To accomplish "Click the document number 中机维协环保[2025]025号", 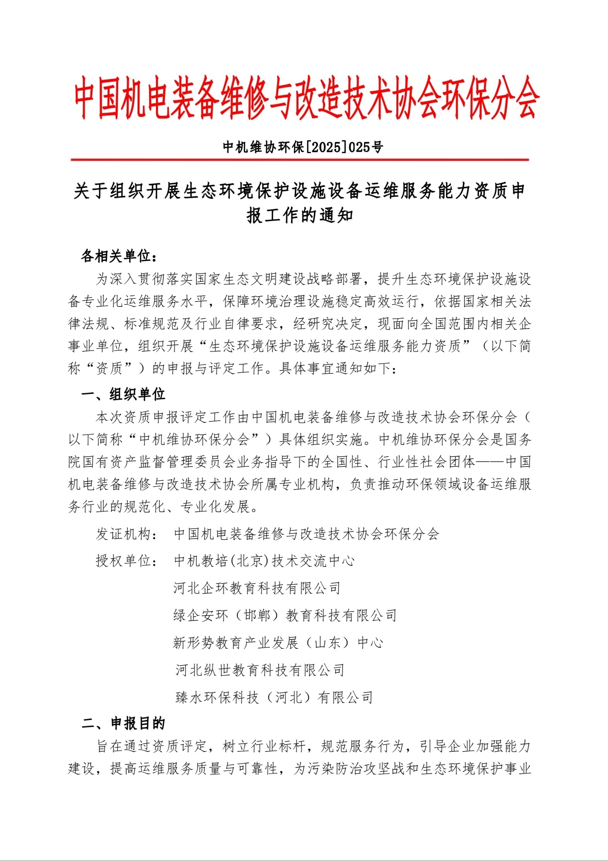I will click(303, 147).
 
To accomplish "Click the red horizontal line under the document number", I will click(300, 160).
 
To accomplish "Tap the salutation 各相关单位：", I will click(119, 257).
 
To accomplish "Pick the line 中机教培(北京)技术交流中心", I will click(264, 561).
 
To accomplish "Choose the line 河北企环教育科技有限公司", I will click(257, 589).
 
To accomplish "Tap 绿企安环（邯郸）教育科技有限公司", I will click(285, 616).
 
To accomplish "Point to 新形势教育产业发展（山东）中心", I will click(278, 643).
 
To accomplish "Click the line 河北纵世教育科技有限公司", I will click(260, 671).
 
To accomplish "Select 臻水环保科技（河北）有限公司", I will click(274, 698).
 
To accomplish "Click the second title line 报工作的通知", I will click(300, 216).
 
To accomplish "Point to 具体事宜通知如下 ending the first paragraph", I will click(338, 368).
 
